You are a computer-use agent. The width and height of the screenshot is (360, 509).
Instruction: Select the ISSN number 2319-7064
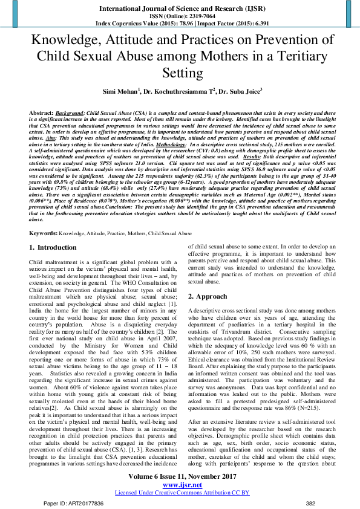pos(194,16)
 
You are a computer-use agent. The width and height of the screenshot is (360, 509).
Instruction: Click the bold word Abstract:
pos(42,113)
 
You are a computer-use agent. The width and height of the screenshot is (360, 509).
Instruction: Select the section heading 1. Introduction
pos(53,248)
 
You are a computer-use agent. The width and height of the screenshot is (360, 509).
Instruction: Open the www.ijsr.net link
pos(180,485)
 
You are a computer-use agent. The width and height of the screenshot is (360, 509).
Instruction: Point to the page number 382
pos(310,503)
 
